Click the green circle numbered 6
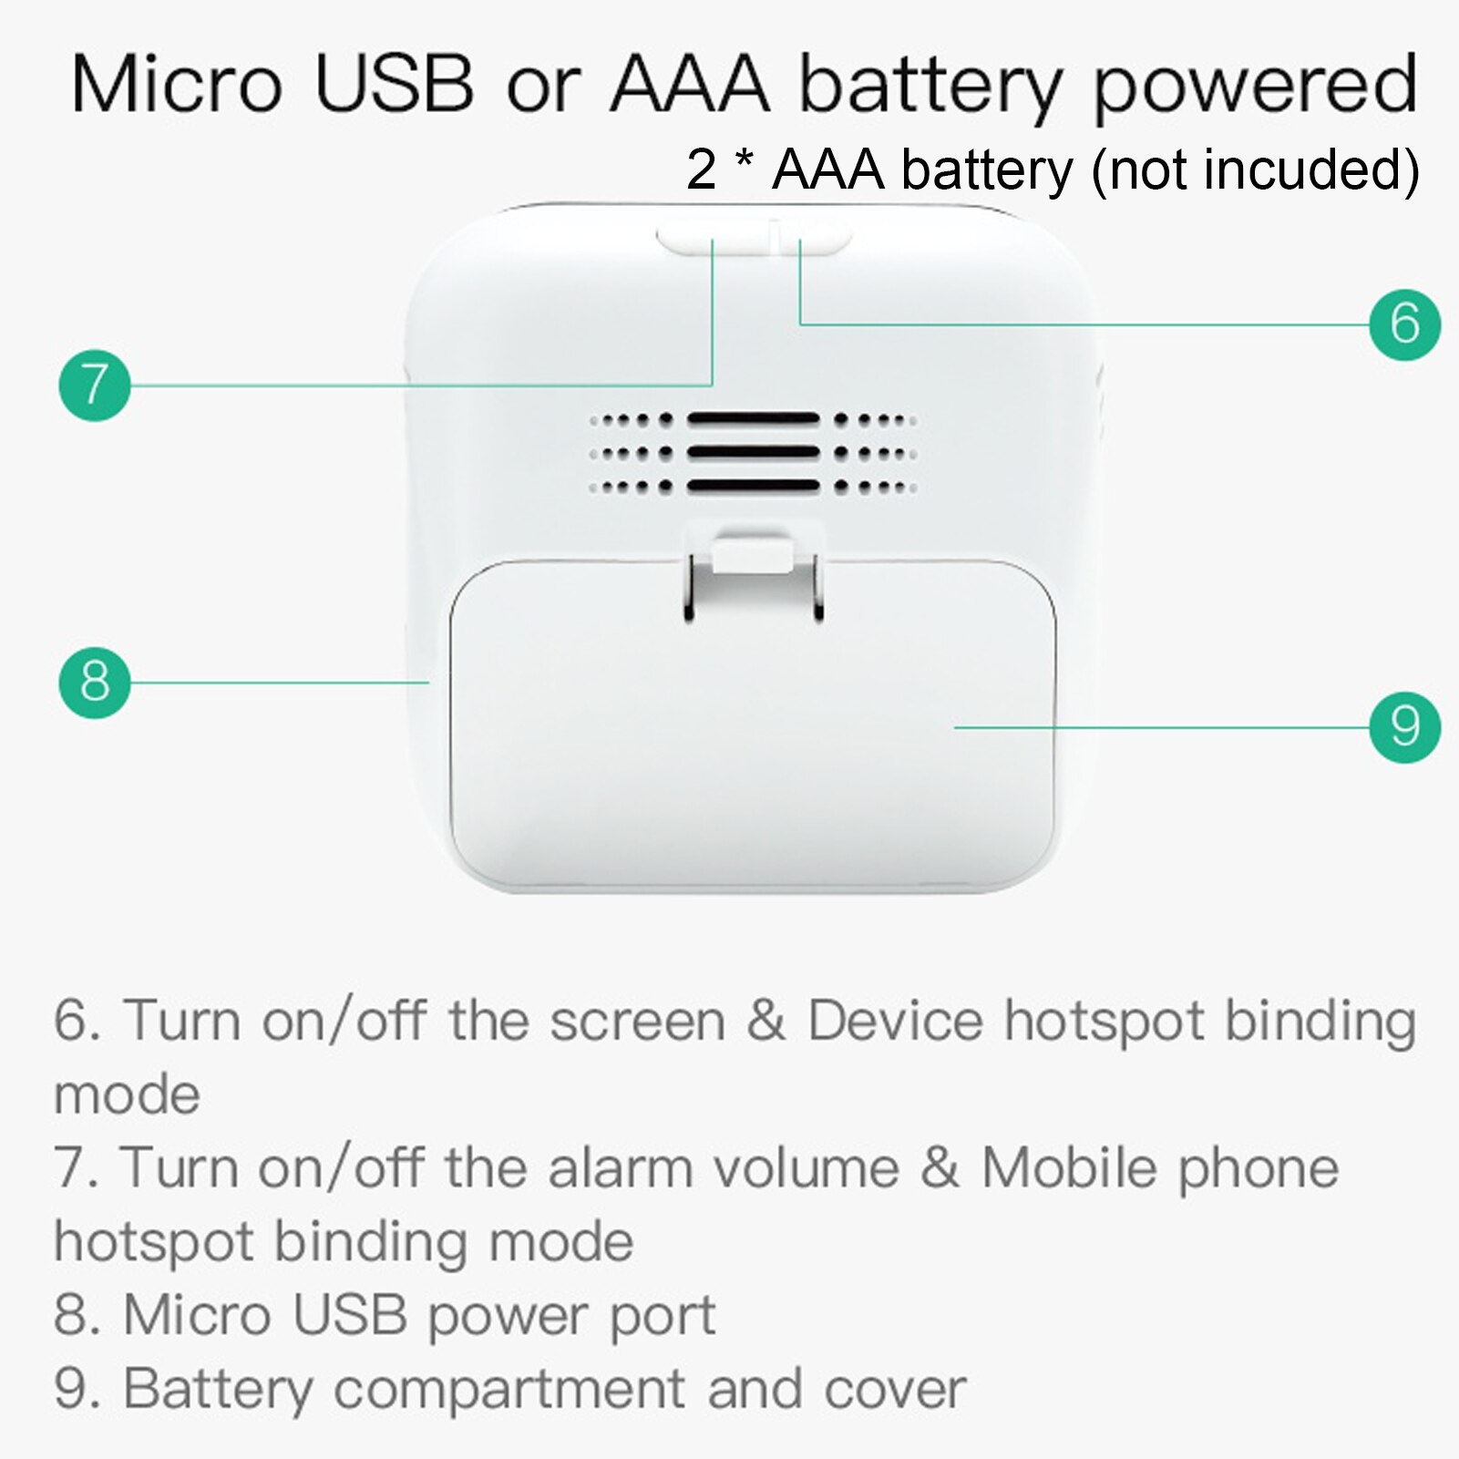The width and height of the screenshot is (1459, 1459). click(1404, 324)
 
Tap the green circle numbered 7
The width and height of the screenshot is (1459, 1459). click(95, 385)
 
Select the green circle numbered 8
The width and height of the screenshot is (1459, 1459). click(95, 682)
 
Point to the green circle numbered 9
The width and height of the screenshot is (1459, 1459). click(1404, 726)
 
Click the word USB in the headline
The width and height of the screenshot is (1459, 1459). click(394, 84)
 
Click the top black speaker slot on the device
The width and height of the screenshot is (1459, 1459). click(753, 419)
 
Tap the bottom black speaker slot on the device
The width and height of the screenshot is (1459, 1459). click(753, 486)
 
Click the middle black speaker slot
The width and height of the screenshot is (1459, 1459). click(753, 452)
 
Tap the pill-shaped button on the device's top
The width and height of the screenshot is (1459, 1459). click(753, 240)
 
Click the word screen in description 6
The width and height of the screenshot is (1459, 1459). click(637, 1021)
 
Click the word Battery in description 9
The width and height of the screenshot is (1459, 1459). click(218, 1389)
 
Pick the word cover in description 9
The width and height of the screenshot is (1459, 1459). click(894, 1389)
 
